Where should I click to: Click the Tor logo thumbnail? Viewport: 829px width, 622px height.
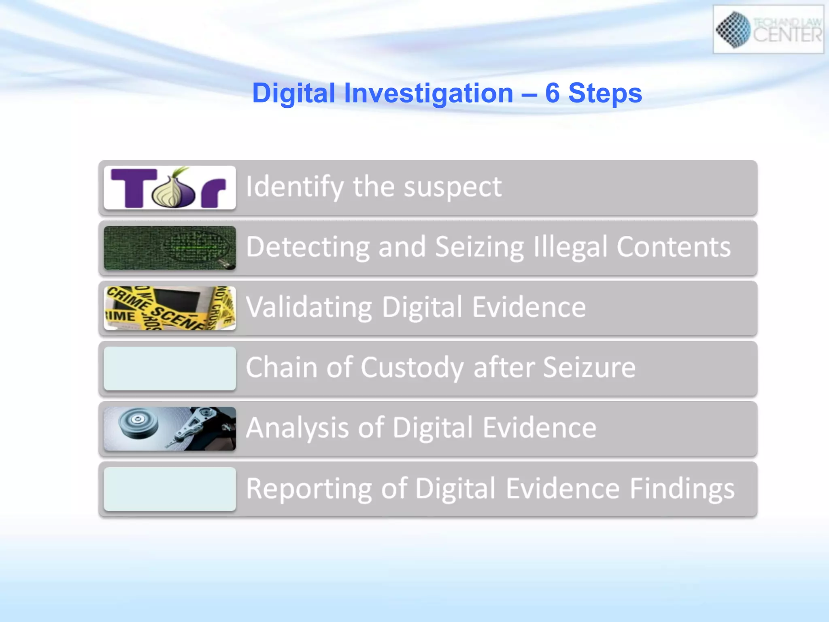click(170, 187)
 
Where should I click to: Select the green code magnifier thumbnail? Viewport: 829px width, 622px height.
click(170, 248)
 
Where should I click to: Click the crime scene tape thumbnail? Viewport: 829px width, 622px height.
click(170, 308)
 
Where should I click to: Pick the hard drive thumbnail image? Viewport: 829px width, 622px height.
click(170, 428)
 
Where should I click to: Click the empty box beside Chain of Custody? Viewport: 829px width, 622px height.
click(170, 368)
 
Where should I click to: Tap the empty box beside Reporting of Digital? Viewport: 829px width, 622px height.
click(170, 489)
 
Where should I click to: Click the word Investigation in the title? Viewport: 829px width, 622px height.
click(429, 94)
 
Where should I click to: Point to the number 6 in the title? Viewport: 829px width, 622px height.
click(552, 93)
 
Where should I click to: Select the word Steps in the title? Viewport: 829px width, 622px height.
click(605, 94)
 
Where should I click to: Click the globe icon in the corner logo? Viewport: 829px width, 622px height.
click(733, 29)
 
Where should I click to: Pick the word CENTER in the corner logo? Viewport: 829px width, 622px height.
click(787, 35)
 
